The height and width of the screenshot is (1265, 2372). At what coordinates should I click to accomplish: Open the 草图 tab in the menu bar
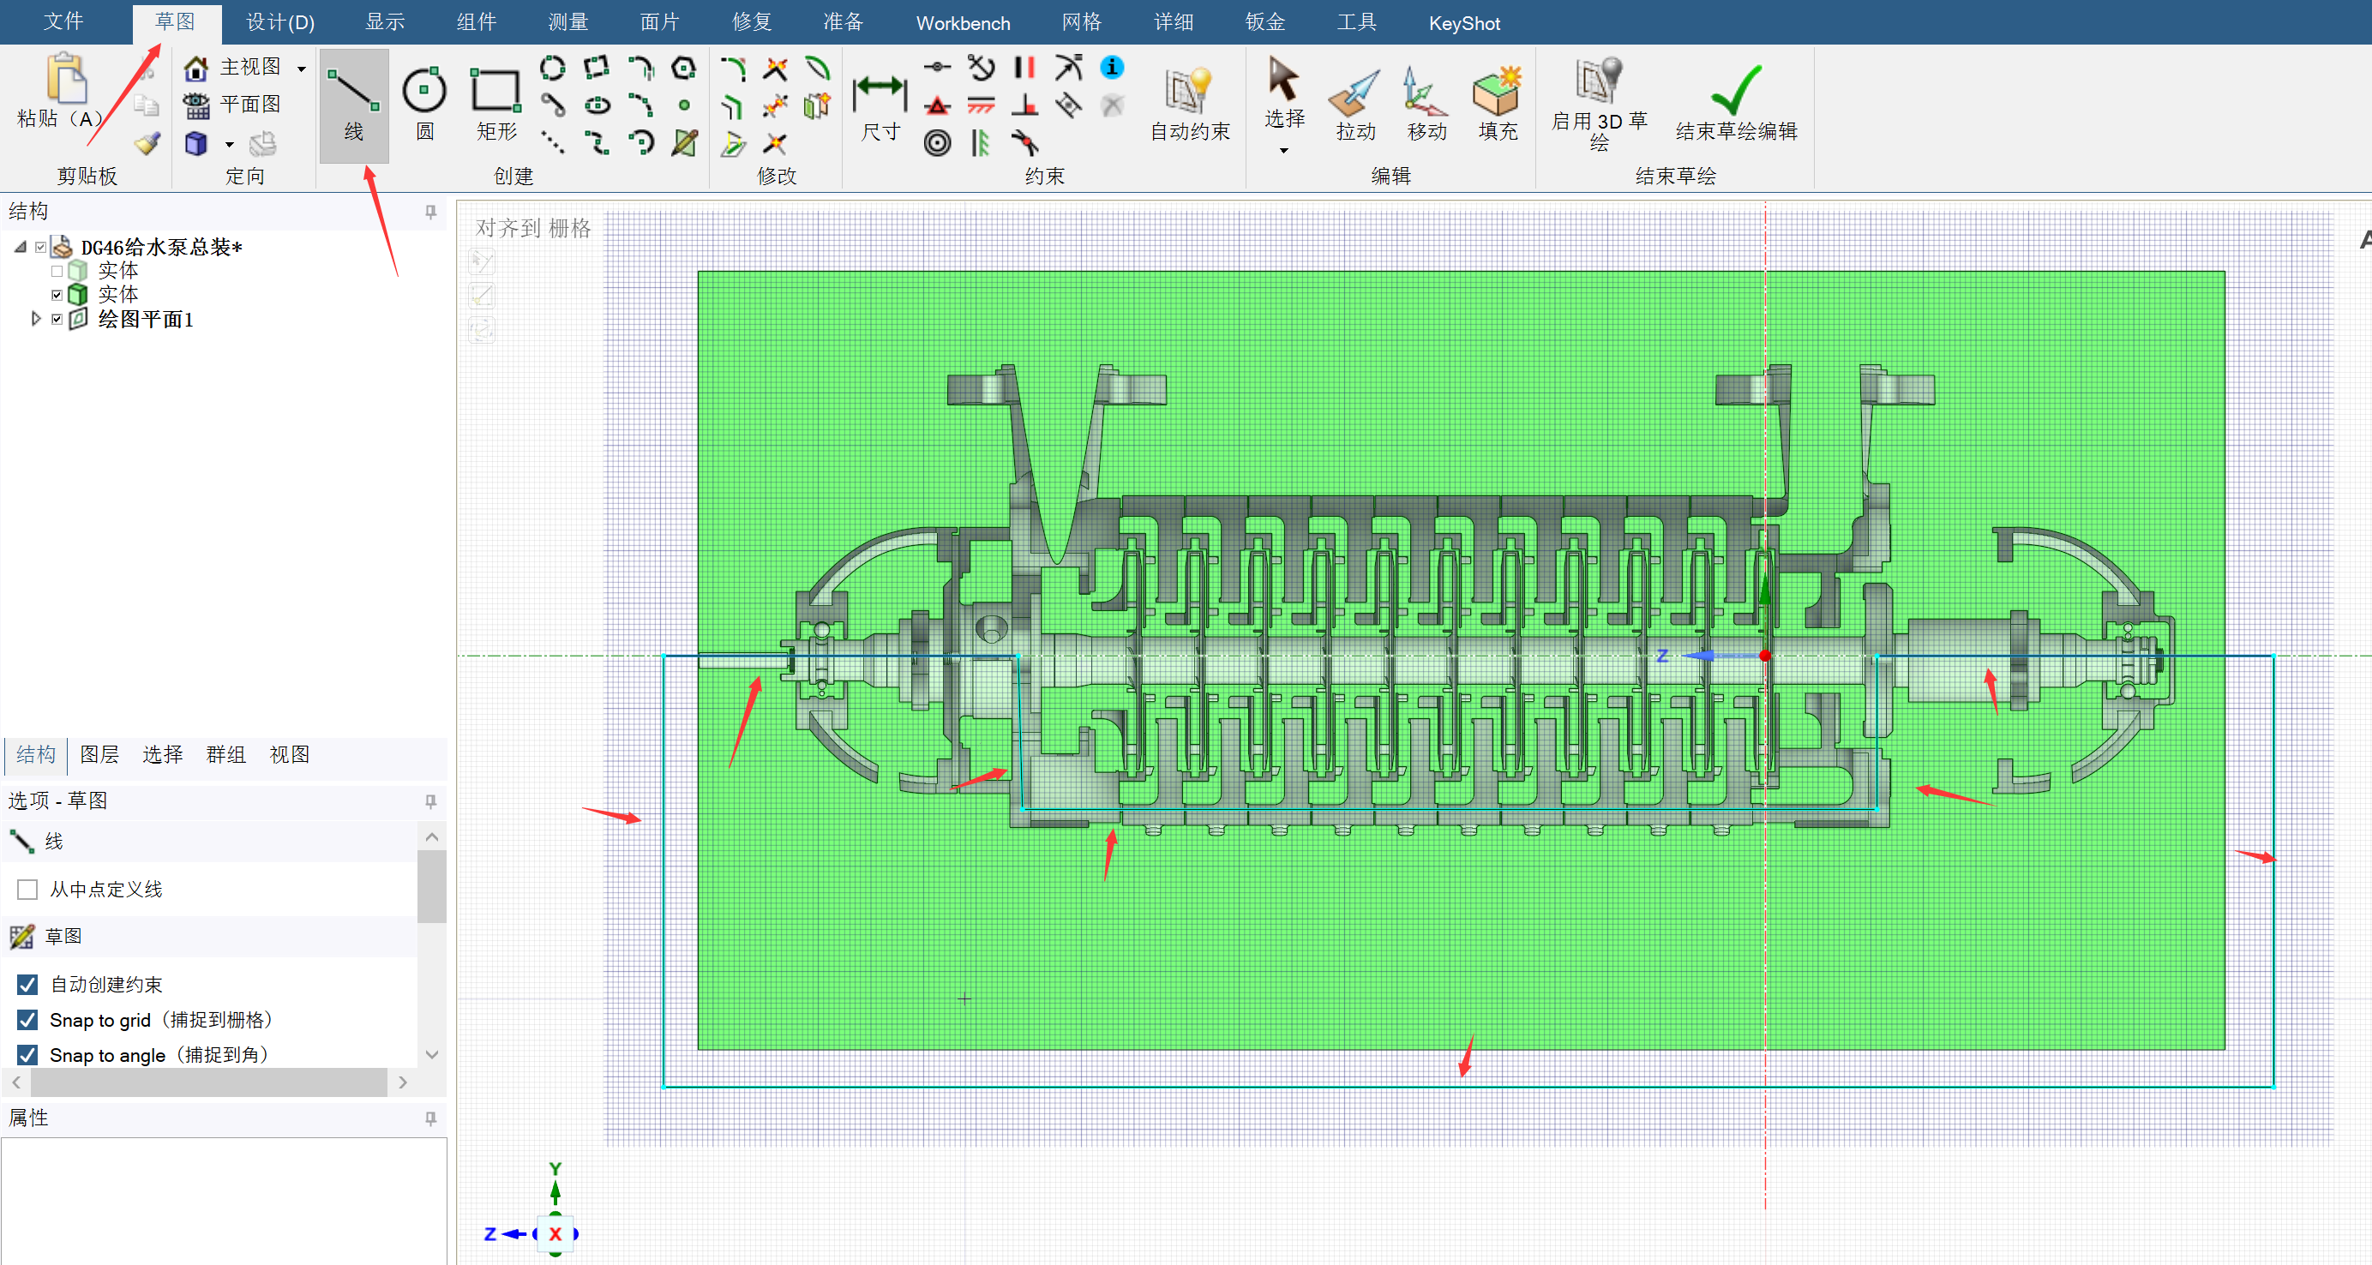tap(175, 22)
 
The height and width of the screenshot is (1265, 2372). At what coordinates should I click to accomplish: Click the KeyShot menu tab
tap(1464, 23)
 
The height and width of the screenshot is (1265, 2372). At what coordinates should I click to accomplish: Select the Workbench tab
tap(962, 23)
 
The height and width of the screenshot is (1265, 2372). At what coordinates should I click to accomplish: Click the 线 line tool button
tap(353, 105)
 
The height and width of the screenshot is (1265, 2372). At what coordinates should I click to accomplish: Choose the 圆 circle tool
tap(424, 105)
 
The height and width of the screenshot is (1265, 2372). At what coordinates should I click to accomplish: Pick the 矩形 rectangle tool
tap(496, 105)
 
